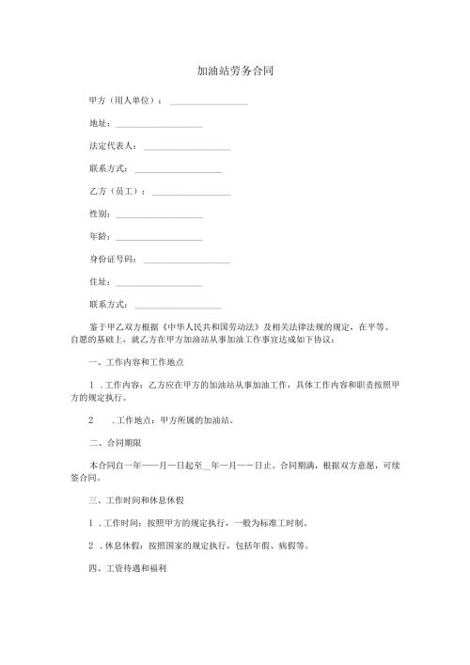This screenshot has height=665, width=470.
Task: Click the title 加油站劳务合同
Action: (x=234, y=71)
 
